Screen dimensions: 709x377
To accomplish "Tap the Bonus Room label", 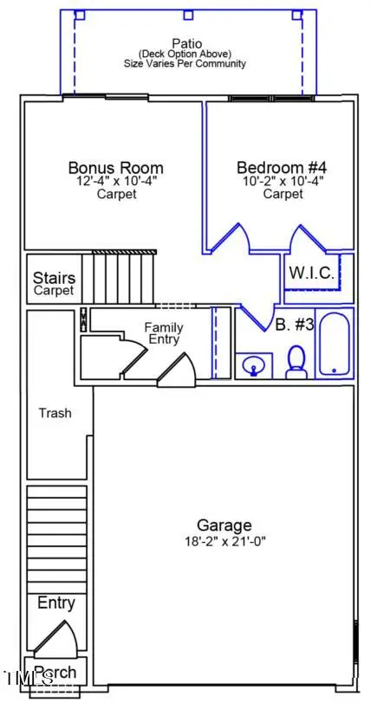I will point(115,167).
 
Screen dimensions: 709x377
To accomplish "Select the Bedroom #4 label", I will point(281,167).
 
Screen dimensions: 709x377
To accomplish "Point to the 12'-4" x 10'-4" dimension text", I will point(115,182).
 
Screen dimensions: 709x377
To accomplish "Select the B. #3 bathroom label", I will point(293,325).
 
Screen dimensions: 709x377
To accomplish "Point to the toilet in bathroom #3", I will point(296,361).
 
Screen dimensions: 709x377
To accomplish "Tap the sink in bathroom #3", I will point(252,366).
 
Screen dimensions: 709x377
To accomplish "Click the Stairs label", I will point(54,279).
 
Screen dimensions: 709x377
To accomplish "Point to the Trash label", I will point(55,413).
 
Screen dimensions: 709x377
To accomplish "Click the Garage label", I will point(224,525).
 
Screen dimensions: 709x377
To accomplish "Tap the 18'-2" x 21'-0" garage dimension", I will point(224,541).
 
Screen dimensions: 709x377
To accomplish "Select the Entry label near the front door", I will point(56,603).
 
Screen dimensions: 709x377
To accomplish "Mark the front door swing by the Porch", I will point(55,639).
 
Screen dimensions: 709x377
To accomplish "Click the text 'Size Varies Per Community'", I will point(186,63).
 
